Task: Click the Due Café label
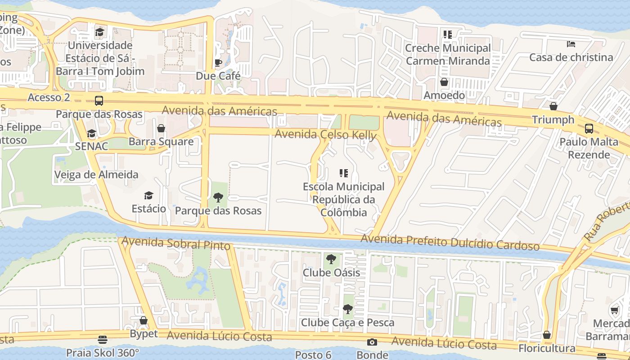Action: point(218,76)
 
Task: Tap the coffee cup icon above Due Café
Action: point(218,63)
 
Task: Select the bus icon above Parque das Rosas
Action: point(99,101)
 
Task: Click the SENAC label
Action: point(91,146)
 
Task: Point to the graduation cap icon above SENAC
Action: point(91,134)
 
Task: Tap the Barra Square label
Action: point(161,142)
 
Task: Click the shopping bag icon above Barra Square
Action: point(161,129)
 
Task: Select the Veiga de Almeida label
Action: point(96,175)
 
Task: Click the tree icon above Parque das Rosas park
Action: point(218,197)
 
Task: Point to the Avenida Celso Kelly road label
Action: point(325,134)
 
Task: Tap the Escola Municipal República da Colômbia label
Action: point(344,199)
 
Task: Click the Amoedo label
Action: point(444,95)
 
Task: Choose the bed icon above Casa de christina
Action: point(571,44)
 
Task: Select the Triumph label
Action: point(553,120)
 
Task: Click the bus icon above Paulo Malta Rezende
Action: point(589,129)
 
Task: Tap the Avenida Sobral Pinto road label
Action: point(176,243)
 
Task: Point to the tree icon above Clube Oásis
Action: point(331,259)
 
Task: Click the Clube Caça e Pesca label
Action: point(347,323)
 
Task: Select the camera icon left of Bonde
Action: point(372,342)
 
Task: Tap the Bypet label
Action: point(144,334)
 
